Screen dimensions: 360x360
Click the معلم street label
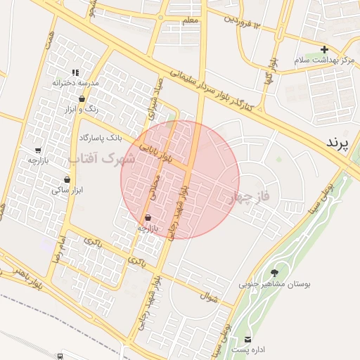click(190, 20)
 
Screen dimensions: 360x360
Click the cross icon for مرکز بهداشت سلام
click(324, 49)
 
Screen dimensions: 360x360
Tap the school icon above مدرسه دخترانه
click(75, 72)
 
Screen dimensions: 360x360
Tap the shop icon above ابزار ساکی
click(67, 179)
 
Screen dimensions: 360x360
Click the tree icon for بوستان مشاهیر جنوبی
click(274, 273)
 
